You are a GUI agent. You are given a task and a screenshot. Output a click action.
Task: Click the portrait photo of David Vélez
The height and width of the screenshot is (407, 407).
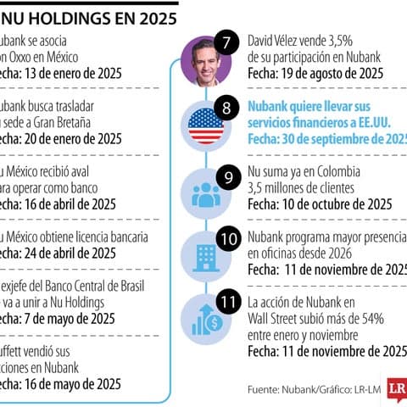click(206, 63)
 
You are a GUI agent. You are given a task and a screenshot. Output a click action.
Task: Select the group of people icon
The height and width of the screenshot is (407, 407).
click(206, 194)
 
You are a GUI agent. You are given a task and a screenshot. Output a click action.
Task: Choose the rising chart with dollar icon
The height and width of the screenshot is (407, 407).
click(206, 317)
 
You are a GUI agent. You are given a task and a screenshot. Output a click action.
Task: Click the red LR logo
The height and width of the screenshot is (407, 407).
click(396, 388)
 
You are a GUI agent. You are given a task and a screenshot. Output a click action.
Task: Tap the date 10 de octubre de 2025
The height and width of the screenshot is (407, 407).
click(337, 203)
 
